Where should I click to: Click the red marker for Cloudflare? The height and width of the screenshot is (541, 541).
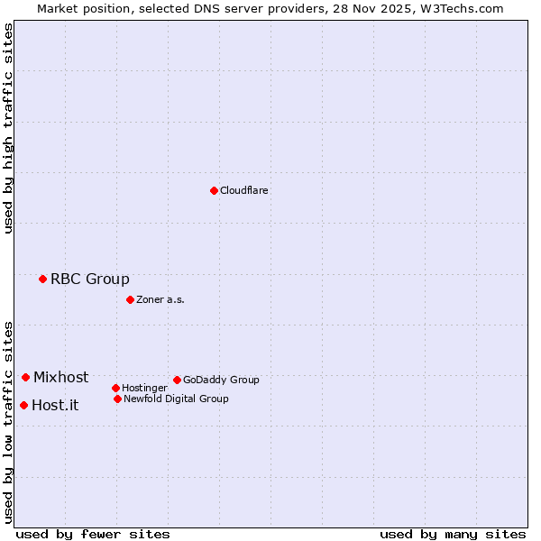(214, 190)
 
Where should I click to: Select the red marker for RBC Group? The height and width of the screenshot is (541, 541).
(42, 279)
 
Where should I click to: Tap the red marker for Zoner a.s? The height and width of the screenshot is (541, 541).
(130, 299)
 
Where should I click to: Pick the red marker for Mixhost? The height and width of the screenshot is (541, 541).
(25, 377)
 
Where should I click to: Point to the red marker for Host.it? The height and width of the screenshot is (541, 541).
(23, 405)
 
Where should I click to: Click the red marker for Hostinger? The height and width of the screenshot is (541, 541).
(115, 388)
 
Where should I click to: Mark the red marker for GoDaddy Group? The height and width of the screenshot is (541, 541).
(177, 380)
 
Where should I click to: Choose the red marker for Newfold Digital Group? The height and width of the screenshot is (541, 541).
(117, 399)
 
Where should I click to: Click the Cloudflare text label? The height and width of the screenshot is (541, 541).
(244, 190)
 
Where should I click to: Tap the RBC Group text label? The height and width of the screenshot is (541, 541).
(90, 279)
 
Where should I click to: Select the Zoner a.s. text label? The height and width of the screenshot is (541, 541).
(160, 299)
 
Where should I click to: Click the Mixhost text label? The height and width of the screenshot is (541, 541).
(61, 377)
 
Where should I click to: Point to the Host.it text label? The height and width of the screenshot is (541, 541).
(55, 405)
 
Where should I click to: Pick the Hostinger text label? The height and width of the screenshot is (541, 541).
(144, 388)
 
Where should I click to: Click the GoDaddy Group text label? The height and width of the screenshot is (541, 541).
(221, 380)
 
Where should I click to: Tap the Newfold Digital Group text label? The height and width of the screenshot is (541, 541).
(176, 399)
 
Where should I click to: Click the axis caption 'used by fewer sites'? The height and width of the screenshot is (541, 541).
(93, 534)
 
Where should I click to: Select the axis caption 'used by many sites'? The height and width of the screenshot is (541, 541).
(453, 534)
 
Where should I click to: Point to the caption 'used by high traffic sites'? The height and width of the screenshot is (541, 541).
(9, 128)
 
